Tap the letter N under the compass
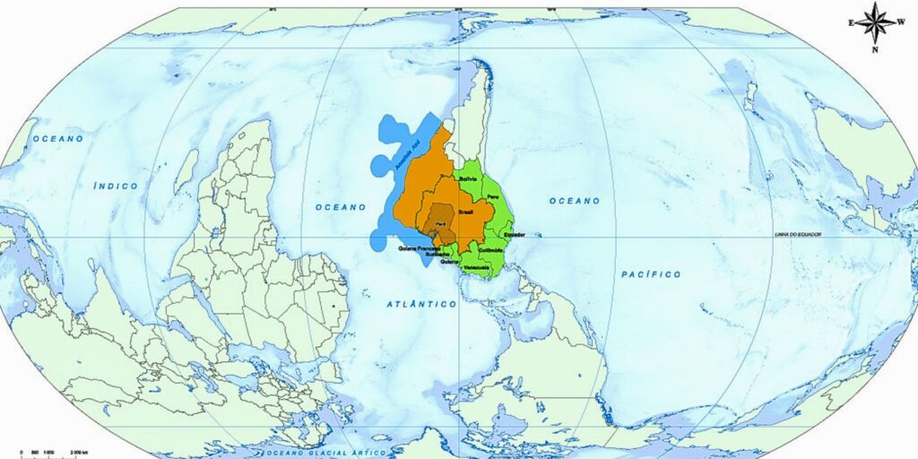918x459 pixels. [875, 49]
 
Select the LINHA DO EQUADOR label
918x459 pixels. [798, 234]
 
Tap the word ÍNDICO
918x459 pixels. [116, 186]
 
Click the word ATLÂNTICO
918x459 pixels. [421, 305]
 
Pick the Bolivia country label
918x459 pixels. [468, 179]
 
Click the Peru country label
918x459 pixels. [491, 195]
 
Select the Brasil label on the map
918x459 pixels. [466, 212]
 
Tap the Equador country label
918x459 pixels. [514, 234]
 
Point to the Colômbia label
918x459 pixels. [490, 250]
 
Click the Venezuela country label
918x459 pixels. [476, 268]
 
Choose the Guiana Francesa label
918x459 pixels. [419, 247]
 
